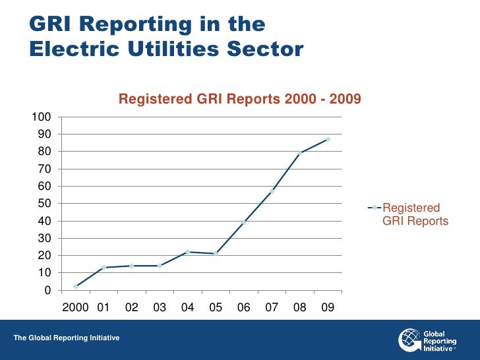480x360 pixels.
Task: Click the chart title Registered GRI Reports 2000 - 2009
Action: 239,100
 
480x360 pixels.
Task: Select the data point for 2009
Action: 328,139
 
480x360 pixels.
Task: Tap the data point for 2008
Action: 300,153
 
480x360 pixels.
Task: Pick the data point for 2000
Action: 76,287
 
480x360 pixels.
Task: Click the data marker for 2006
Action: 244,222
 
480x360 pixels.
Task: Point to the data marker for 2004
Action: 188,252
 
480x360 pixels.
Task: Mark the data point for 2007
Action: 272,191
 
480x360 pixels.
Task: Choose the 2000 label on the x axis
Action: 75,307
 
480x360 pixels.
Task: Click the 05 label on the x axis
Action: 216,307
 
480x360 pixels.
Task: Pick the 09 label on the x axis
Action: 328,307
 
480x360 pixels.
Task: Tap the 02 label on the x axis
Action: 132,307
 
